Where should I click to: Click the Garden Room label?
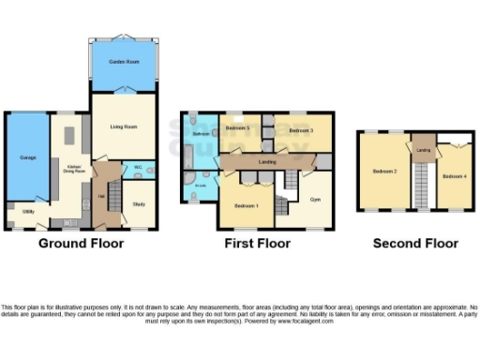click(x=124, y=61)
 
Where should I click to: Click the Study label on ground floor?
click(x=139, y=203)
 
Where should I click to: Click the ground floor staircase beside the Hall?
click(x=113, y=198)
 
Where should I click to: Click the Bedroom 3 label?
click(x=300, y=129)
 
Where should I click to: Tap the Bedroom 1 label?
click(x=247, y=205)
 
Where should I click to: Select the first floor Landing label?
click(x=265, y=162)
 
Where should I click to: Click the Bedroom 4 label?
click(x=454, y=175)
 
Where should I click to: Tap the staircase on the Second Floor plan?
click(x=421, y=183)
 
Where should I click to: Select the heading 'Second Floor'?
click(x=415, y=244)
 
